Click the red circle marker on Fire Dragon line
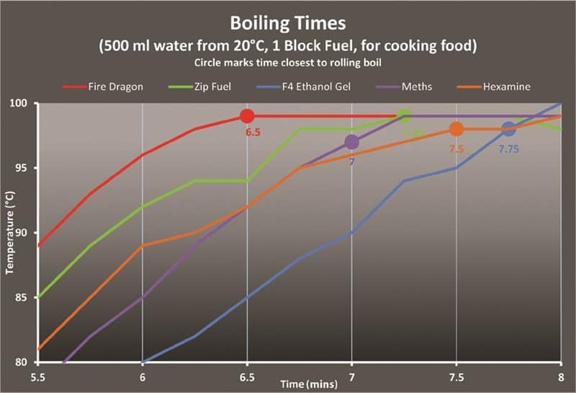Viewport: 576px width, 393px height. click(x=247, y=116)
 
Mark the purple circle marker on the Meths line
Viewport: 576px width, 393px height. click(x=351, y=142)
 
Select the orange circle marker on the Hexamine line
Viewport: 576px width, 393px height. click(x=456, y=129)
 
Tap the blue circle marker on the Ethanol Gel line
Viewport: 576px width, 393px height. click(x=508, y=129)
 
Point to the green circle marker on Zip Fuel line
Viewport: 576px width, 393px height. click(x=404, y=116)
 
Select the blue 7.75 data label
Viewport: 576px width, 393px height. click(x=509, y=149)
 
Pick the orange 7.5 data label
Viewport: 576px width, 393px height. click(x=456, y=149)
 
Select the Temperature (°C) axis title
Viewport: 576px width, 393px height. click(x=10, y=232)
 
